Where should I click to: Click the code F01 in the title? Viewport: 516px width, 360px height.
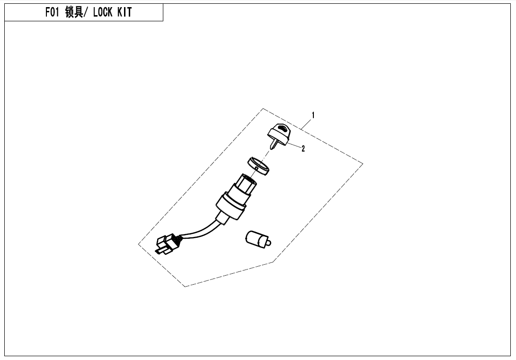[x=52, y=12]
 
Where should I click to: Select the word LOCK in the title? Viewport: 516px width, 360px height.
[x=103, y=12]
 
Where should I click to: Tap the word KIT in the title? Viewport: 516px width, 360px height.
[x=125, y=12]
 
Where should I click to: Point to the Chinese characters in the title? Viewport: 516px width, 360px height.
[x=74, y=12]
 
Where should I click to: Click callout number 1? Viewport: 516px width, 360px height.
[x=313, y=115]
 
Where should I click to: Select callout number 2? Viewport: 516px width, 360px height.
[x=303, y=149]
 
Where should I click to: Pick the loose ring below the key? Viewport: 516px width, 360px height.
[x=258, y=166]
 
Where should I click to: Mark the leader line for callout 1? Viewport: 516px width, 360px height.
[x=306, y=124]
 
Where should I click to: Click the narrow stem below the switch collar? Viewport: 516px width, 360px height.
[x=221, y=219]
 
